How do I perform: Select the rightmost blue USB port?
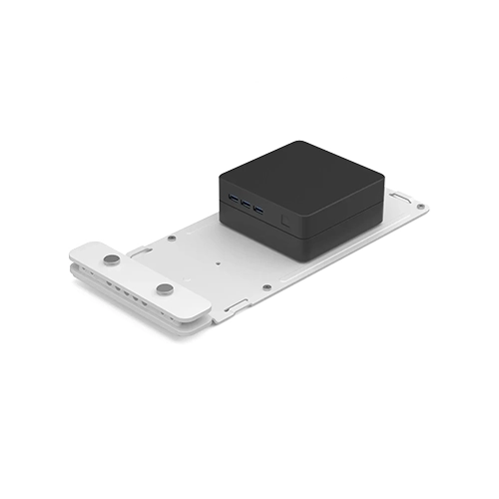click(258, 212)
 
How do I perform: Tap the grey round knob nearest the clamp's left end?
click(112, 259)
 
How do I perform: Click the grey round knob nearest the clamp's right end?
click(165, 289)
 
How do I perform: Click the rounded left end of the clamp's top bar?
click(82, 250)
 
